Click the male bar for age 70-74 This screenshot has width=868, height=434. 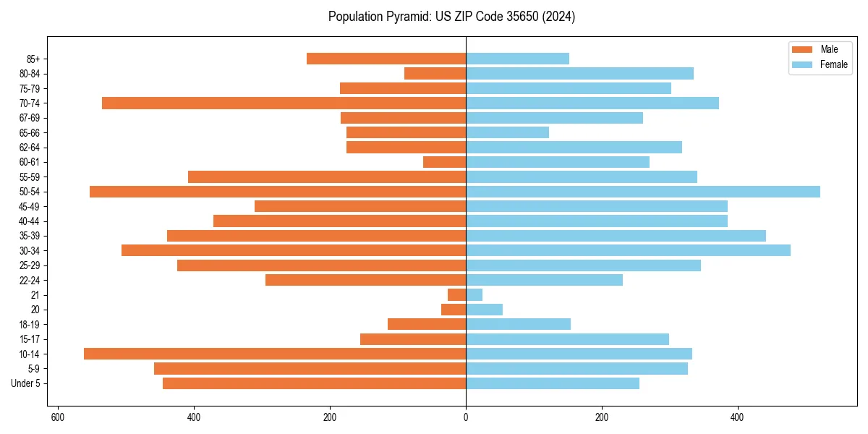pyautogui.click(x=284, y=103)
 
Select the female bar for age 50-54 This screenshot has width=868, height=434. pyautogui.click(x=643, y=192)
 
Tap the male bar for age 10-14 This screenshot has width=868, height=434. pyautogui.click(x=275, y=354)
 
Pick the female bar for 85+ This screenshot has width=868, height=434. pyautogui.click(x=517, y=59)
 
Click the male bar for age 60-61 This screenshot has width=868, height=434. pyautogui.click(x=444, y=162)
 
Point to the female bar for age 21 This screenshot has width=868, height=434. pyautogui.click(x=474, y=295)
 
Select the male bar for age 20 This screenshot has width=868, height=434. pyautogui.click(x=454, y=310)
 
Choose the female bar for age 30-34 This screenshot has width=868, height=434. pyautogui.click(x=628, y=250)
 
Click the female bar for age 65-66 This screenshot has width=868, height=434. pyautogui.click(x=507, y=132)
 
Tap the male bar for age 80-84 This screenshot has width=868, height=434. pyautogui.click(x=435, y=74)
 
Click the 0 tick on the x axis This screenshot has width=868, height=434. pyautogui.click(x=466, y=417)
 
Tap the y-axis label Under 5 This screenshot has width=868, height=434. pyautogui.click(x=25, y=383)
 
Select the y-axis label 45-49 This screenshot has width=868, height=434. pyautogui.click(x=30, y=206)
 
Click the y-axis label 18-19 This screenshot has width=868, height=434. pyautogui.click(x=30, y=325)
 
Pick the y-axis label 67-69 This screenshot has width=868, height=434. pyautogui.click(x=30, y=118)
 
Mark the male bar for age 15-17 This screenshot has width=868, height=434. pyautogui.click(x=413, y=339)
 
